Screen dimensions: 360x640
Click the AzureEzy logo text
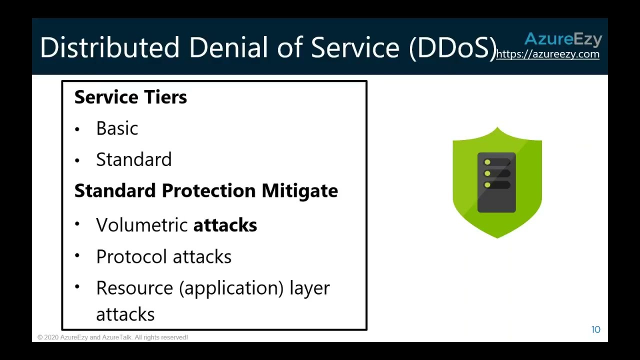pos(563,39)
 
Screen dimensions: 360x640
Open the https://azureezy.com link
pos(547,54)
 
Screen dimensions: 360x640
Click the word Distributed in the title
pos(109,47)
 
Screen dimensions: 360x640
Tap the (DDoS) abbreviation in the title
pos(452,47)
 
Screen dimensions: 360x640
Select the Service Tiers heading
pos(130,97)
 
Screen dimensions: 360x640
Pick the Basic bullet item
pos(117,128)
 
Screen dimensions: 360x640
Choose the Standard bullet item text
pos(133,159)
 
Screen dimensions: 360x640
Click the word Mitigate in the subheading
pos(299,190)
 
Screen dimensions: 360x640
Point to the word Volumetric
pos(142,225)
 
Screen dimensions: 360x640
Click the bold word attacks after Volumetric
pos(225,225)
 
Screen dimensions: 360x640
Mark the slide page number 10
pos(595,329)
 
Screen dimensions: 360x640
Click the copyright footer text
pos(112,337)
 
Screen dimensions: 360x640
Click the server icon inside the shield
pos(496,182)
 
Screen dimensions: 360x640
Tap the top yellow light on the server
pos(487,162)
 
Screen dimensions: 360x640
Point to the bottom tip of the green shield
pos(497,237)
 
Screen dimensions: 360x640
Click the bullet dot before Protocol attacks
pos(77,256)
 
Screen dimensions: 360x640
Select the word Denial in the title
pos(228,47)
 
